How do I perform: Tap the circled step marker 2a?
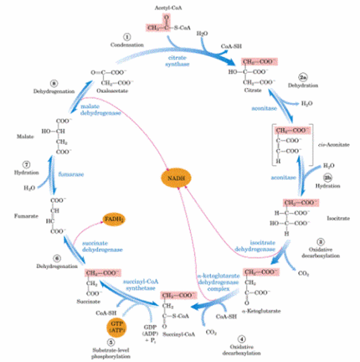[303, 77]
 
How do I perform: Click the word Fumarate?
[24, 216]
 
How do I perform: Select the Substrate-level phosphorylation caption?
[118, 354]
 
